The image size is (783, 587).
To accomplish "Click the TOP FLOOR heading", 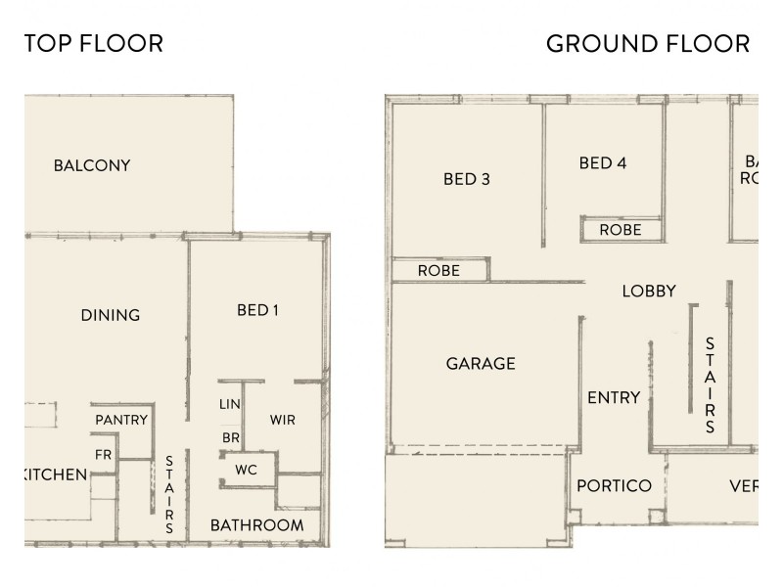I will [94, 44].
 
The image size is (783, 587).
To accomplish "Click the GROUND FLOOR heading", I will [648, 44].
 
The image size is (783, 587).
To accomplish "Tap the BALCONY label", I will [92, 165].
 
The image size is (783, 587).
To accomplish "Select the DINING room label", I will [111, 315].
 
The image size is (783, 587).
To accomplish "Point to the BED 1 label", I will [258, 311].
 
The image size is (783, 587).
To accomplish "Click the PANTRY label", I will [121, 420].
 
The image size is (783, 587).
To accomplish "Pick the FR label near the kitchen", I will [103, 454].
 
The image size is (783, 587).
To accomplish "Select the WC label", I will [246, 470].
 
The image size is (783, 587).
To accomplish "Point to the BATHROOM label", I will [256, 525].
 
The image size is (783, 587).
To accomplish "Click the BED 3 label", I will [466, 179].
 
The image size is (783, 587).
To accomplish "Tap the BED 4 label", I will [602, 162].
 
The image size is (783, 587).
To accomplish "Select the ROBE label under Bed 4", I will [621, 230].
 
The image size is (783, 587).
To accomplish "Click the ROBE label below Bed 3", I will [438, 270].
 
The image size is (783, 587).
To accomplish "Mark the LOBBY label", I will [649, 291].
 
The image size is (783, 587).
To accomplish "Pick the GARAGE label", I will [481, 363].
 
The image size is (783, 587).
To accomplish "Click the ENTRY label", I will [614, 397].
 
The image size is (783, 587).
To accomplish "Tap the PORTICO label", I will [614, 486].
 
